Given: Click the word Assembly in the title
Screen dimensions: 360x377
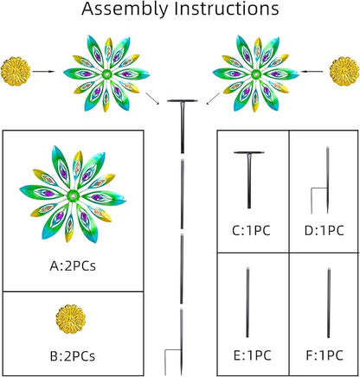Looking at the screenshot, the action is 125,10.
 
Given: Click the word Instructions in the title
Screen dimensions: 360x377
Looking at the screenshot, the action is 227,9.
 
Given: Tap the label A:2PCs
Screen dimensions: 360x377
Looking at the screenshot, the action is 73,266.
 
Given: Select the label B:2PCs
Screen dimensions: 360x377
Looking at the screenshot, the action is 73,356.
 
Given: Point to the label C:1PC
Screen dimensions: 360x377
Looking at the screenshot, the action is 251,231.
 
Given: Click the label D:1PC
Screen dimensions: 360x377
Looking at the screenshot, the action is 325,231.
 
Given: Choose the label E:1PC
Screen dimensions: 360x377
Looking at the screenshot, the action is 253,355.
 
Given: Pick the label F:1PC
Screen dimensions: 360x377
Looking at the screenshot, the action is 325,355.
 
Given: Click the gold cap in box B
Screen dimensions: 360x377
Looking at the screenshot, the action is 71,319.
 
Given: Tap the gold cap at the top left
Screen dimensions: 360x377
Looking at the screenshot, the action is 16,72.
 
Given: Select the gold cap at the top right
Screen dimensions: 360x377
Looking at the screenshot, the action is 344,72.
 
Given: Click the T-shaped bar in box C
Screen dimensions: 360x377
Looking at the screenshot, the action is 249,180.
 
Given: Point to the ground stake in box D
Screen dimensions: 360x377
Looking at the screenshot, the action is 327,180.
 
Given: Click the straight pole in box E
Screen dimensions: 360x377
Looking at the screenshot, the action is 247,303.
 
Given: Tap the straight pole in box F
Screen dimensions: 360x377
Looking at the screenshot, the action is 329,303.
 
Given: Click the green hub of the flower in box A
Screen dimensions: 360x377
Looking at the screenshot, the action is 73,196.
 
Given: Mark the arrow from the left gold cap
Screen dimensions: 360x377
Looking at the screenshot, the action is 43,71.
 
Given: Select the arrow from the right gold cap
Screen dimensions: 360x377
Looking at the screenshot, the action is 312,71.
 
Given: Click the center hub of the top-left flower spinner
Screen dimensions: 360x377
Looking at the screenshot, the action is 107,74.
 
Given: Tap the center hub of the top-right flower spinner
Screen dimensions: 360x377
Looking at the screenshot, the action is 254,73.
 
